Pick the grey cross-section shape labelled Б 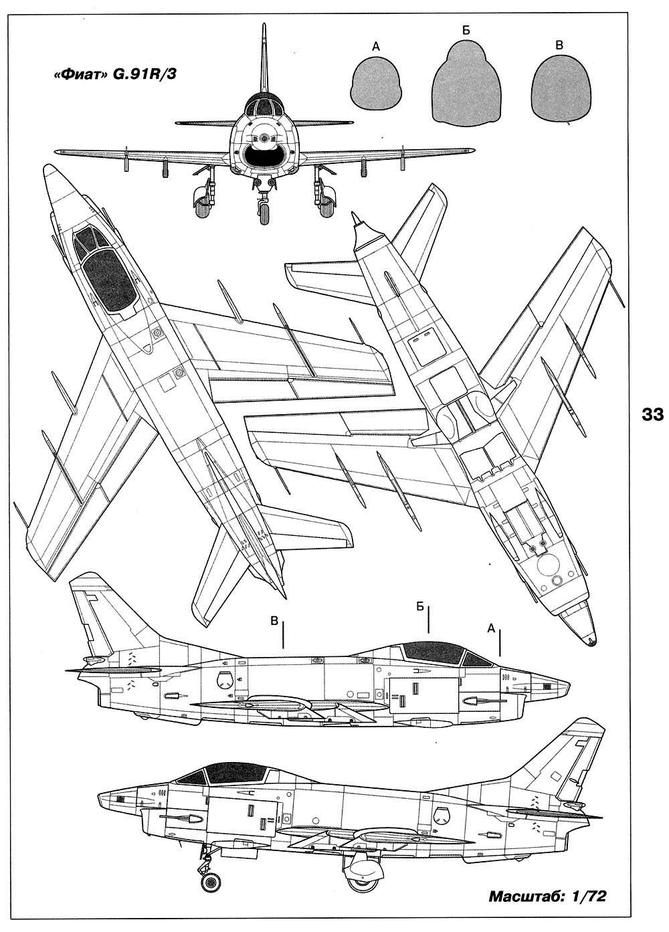pyautogui.click(x=466, y=86)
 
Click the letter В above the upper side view pyautogui.click(x=274, y=621)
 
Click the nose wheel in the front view pyautogui.click(x=265, y=212)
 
